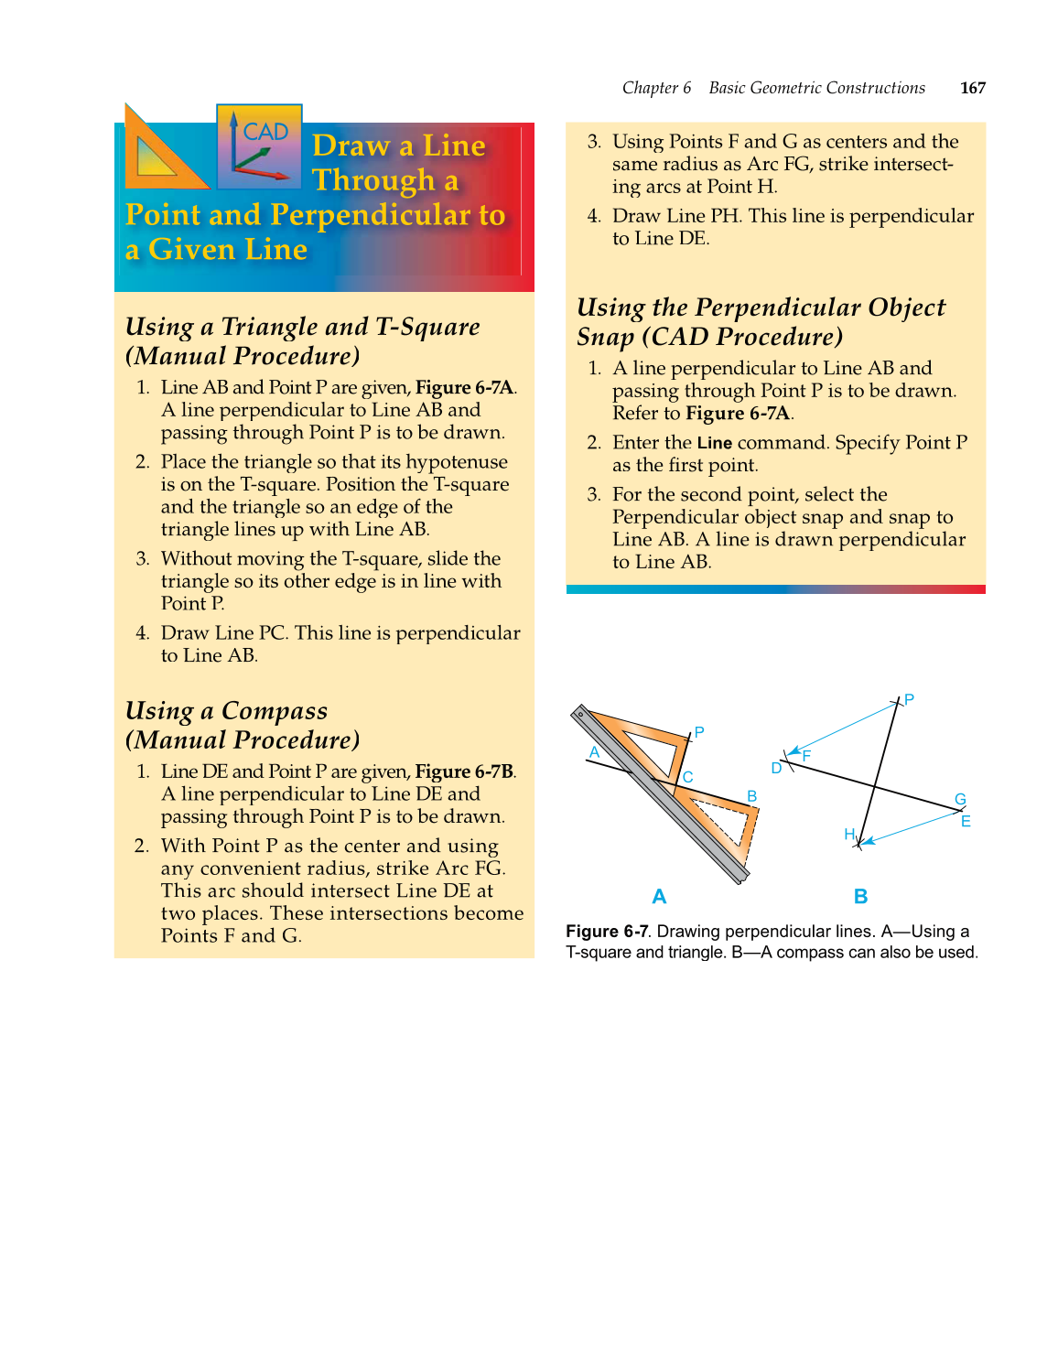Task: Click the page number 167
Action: pos(972,88)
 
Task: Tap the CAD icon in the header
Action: pos(259,146)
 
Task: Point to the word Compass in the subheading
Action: pos(274,711)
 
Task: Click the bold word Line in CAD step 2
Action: pos(714,444)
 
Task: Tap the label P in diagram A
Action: pos(699,732)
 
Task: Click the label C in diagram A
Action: pos(687,777)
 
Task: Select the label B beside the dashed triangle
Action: pos(751,796)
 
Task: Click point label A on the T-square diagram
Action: pos(594,752)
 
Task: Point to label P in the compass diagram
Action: pos(909,699)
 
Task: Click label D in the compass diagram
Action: pos(776,768)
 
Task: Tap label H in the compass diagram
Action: pos(848,834)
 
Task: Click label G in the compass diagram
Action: pos(960,799)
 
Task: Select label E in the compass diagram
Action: pos(966,821)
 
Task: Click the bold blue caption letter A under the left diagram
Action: pos(659,897)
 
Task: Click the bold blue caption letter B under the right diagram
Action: pos(860,897)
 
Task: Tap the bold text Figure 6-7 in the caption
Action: pos(607,932)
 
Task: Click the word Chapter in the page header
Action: pos(650,88)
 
